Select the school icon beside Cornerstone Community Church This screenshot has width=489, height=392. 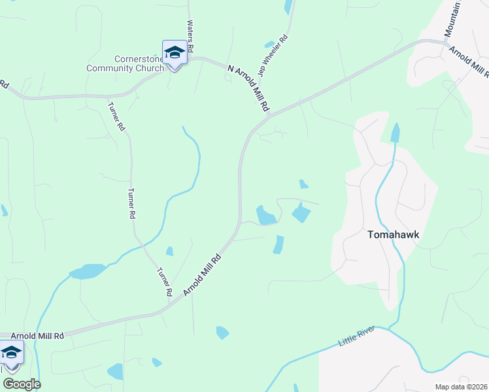tap(175, 52)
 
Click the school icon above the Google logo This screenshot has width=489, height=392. tap(11, 353)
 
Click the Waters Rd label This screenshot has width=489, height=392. tap(190, 36)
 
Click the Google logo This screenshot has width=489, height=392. tap(22, 384)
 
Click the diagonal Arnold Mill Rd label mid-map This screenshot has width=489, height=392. tap(203, 274)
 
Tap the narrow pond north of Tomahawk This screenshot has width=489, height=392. tap(395, 133)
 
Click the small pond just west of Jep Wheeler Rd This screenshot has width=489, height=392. tap(269, 44)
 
